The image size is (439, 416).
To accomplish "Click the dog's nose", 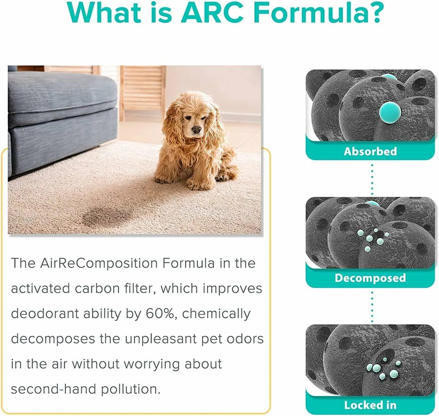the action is coord(196,130).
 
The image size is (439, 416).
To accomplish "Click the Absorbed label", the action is coord(370,151).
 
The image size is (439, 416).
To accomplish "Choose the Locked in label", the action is coord(370,405).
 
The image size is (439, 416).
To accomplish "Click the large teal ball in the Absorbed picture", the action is coord(390,112).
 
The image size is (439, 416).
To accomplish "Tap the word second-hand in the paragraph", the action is coord(54,389).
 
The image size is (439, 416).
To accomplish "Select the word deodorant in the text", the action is coord(45,314).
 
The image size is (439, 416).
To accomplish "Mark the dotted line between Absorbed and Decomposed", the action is coord(372,179).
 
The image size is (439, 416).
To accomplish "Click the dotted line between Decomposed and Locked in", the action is coord(372,306).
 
